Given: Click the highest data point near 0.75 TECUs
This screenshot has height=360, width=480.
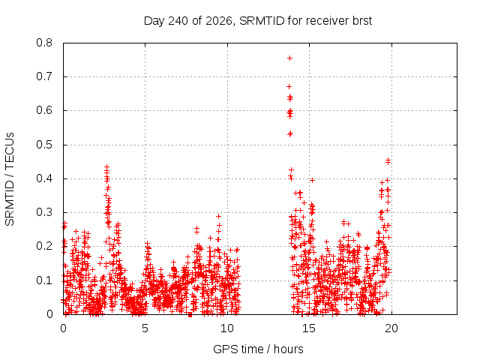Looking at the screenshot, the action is click(289, 58).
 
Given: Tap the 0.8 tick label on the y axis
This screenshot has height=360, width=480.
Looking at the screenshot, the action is click(44, 43).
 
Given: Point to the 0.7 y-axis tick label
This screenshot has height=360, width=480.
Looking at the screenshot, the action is click(44, 76).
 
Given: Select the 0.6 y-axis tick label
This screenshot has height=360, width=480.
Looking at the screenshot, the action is click(44, 110).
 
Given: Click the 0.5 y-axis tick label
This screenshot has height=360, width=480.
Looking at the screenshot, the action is click(44, 145).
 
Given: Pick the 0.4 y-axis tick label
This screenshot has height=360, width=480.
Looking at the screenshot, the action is click(44, 178).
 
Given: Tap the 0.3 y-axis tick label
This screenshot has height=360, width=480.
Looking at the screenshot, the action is click(44, 212).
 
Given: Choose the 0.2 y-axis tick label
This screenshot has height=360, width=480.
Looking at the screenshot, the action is click(44, 246).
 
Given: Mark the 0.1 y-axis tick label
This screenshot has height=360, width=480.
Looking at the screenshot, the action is click(44, 280).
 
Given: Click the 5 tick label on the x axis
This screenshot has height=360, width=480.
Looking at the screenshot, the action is click(145, 328).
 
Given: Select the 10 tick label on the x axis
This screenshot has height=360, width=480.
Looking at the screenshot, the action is click(227, 328).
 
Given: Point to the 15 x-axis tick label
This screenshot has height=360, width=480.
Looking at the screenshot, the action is click(309, 328).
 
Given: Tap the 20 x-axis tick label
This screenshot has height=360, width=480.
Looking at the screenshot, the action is click(391, 328).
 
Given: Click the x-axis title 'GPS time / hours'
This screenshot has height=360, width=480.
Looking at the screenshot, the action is click(258, 349).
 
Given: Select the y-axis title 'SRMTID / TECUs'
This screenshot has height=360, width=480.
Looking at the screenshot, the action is click(10, 179).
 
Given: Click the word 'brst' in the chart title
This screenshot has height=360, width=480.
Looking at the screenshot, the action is click(362, 21).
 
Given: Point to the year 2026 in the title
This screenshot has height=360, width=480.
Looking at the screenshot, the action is click(219, 21).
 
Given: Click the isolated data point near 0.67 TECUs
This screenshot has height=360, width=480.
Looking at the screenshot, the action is click(289, 87).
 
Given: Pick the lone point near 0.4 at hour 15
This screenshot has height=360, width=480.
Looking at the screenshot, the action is click(312, 180).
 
